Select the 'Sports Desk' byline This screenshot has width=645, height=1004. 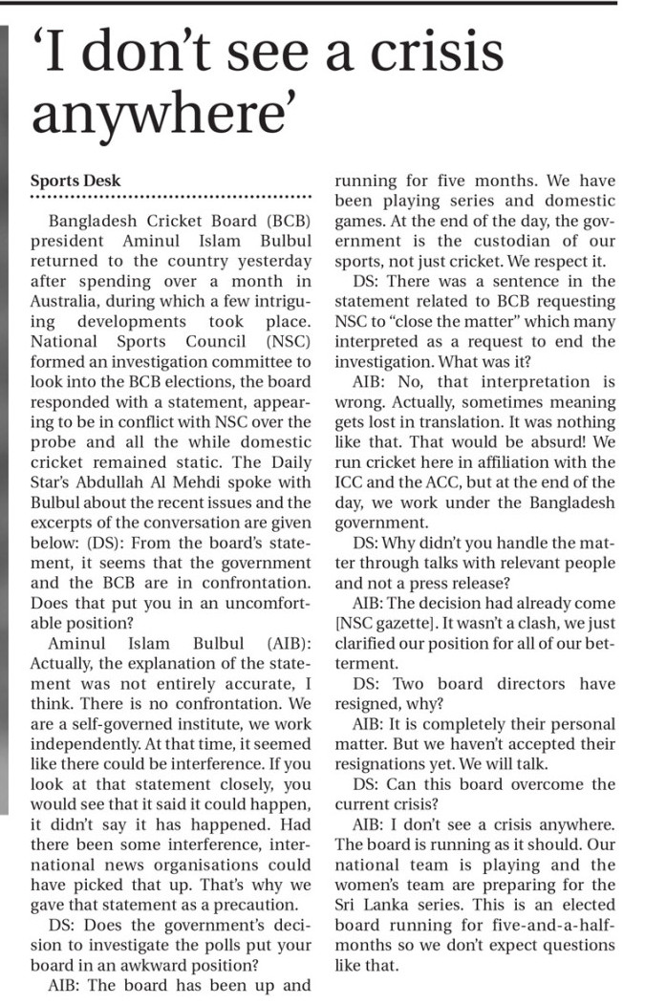click(76, 181)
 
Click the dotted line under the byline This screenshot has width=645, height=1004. click(172, 200)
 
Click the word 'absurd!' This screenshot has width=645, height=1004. click(544, 441)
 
